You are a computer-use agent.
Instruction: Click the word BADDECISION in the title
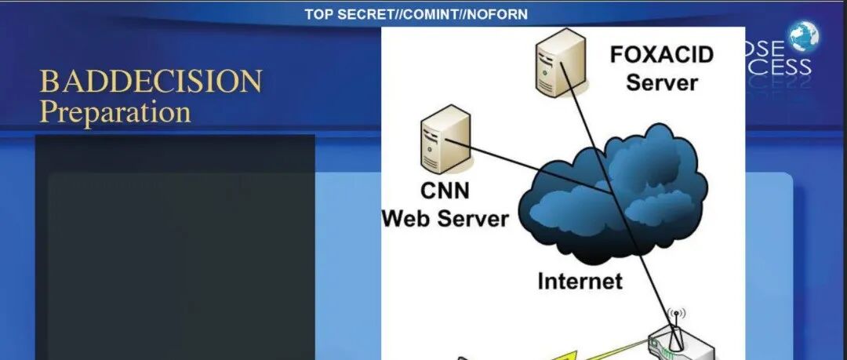click(151, 82)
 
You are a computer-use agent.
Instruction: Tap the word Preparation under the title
click(115, 112)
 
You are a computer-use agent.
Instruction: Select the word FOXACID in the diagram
click(663, 56)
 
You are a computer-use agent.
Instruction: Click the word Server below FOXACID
click(662, 82)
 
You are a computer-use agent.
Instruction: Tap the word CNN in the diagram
click(445, 191)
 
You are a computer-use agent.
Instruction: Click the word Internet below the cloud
click(580, 281)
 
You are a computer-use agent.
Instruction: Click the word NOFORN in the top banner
click(496, 14)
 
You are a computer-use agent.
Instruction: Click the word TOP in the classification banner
click(318, 14)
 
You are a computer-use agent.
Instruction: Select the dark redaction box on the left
click(175, 251)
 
